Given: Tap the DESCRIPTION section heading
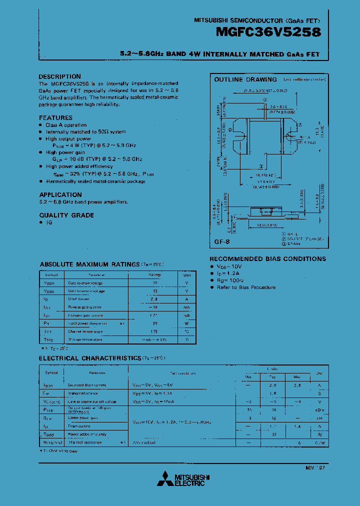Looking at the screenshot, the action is tap(59, 76).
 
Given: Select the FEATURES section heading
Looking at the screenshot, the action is tap(56, 118).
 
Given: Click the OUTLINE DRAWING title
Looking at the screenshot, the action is tap(245, 79).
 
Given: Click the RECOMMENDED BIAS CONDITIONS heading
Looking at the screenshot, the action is tap(267, 259).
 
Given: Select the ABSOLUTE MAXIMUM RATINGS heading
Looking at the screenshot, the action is tap(89, 264).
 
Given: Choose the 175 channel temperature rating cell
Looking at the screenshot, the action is tap(155, 331).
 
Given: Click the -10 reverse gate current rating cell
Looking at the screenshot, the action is tap(155, 307).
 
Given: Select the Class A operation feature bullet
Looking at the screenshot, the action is tap(66, 125).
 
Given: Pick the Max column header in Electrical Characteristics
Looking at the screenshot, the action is tap(296, 376).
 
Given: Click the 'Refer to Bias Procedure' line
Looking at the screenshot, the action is tap(246, 287).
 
